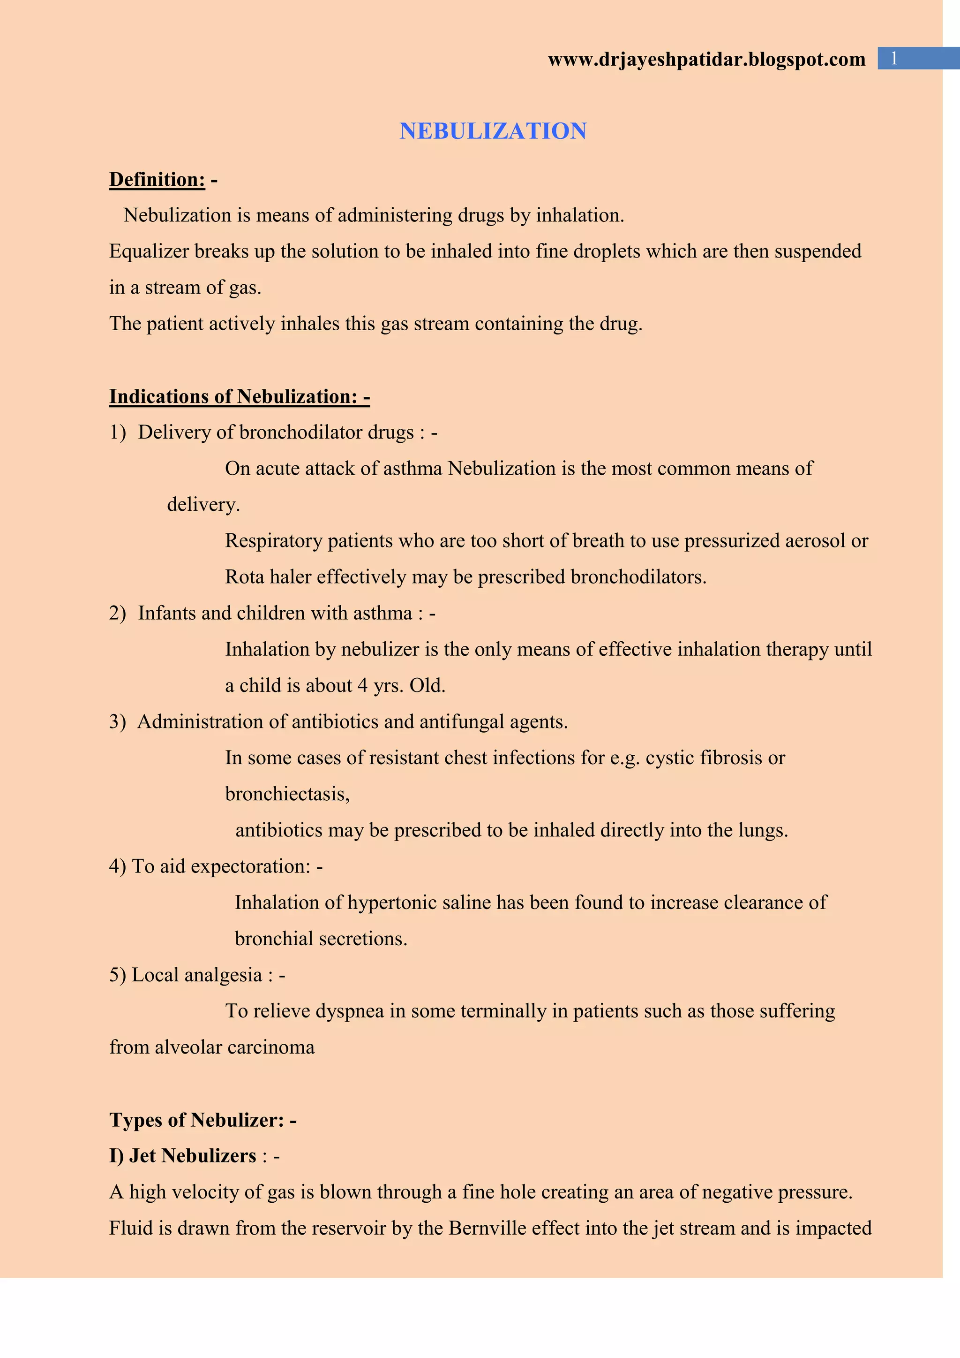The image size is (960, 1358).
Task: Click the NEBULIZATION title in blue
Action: [493, 131]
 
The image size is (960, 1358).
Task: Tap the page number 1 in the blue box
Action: [894, 58]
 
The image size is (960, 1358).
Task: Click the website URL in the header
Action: [706, 60]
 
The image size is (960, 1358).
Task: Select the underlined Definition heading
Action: [157, 179]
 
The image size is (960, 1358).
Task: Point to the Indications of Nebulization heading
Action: [240, 396]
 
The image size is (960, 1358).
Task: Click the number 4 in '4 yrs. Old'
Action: [362, 685]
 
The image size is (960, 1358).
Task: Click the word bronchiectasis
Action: [287, 794]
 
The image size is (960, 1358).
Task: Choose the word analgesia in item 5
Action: [226, 975]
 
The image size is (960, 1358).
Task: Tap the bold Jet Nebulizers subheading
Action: [193, 1156]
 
